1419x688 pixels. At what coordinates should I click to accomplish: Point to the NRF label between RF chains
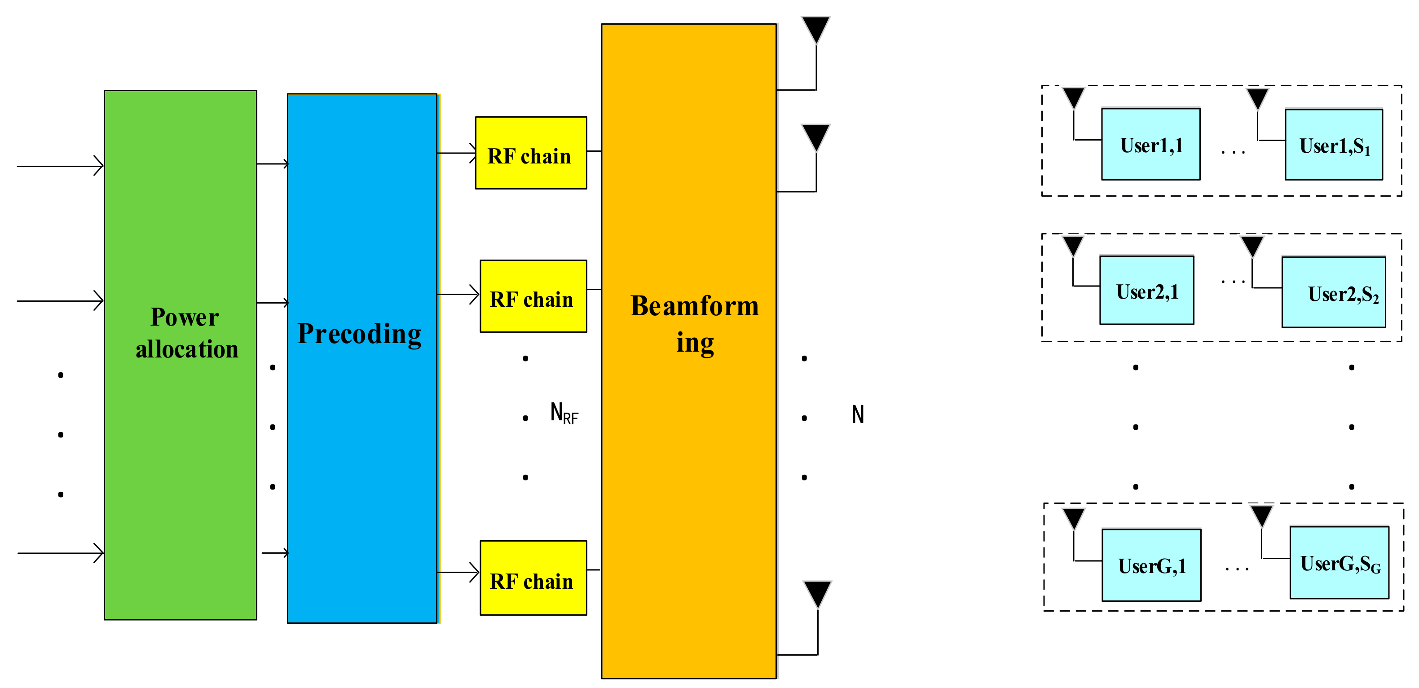(x=564, y=413)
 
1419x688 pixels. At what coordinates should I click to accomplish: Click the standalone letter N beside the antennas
(x=858, y=414)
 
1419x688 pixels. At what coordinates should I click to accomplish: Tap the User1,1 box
(x=1151, y=144)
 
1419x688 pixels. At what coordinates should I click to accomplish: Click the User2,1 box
(x=1147, y=290)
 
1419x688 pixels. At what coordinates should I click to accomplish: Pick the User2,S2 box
(x=1334, y=292)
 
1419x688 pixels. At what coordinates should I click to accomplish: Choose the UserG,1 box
(x=1151, y=565)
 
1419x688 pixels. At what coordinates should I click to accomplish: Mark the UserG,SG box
(x=1339, y=563)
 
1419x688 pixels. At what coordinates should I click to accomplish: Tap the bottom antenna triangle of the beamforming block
(x=817, y=593)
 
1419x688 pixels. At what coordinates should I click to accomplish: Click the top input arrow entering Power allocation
(x=61, y=165)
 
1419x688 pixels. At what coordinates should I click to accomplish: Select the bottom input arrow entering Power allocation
(x=61, y=552)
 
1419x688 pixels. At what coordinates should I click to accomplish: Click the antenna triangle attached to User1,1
(x=1074, y=97)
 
